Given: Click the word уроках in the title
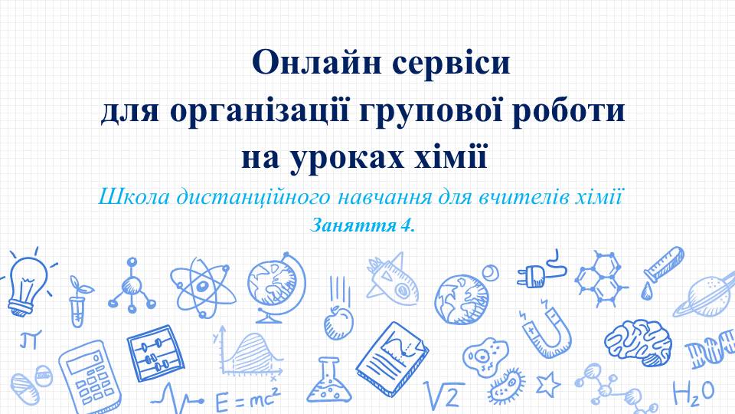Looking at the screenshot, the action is tap(346, 159).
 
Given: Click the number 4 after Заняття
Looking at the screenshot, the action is tap(405, 225).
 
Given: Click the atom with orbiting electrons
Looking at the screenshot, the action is tap(202, 285).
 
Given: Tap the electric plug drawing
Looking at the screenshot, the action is tap(540, 271).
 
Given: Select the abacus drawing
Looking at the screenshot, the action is tap(155, 353).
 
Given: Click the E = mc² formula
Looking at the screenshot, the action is tap(247, 400).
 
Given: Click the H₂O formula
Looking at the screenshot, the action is tap(693, 393).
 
